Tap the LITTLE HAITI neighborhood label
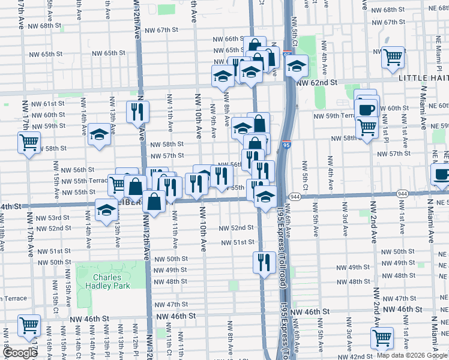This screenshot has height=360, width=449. pyautogui.click(x=423, y=78)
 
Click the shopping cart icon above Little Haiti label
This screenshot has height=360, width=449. pyautogui.click(x=393, y=57)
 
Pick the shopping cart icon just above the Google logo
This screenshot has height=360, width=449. pyautogui.click(x=29, y=326)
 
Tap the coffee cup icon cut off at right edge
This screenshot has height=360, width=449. pyautogui.click(x=442, y=175)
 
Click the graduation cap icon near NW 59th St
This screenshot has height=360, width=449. pyautogui.click(x=100, y=134)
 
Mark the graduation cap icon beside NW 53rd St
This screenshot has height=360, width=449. pyautogui.click(x=106, y=210)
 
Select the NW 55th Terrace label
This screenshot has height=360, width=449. pyautogui.click(x=89, y=181)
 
